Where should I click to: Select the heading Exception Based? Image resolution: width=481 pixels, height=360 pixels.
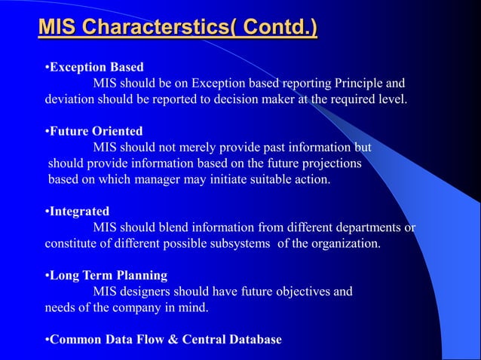94,68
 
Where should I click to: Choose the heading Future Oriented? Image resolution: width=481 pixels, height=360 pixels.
95,131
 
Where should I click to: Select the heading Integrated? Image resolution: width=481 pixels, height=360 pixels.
78,212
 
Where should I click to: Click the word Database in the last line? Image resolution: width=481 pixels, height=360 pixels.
254,340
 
